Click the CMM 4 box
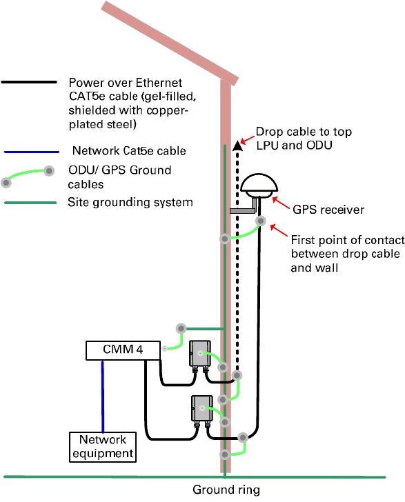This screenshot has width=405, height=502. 123,350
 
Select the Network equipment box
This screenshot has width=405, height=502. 103,447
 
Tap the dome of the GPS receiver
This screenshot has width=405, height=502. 259,183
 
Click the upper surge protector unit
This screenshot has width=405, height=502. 200,354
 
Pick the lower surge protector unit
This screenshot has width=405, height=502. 202,408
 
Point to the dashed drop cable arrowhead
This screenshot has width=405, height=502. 237,145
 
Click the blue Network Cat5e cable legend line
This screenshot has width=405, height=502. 32,152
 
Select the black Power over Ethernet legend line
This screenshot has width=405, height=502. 29,82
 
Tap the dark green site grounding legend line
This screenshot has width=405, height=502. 30,203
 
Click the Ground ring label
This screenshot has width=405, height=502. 226,490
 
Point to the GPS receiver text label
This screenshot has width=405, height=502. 328,210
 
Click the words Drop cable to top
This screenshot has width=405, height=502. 304,132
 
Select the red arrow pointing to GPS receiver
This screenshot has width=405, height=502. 281,203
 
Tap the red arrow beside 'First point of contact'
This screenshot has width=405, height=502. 279,231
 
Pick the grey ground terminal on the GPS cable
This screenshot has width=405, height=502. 261,221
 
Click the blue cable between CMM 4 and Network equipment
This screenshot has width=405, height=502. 103,396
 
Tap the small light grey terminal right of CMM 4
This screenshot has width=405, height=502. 165,348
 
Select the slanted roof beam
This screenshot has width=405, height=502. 170,43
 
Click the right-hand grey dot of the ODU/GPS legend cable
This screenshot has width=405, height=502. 49,171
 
